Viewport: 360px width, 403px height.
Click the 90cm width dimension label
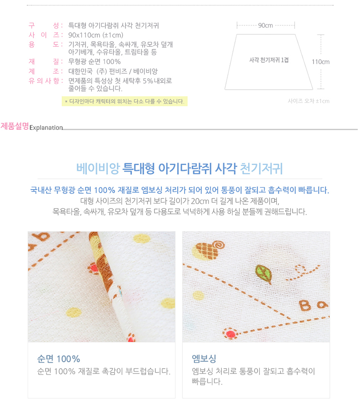(x=265, y=26)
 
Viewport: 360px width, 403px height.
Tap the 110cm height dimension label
(x=321, y=62)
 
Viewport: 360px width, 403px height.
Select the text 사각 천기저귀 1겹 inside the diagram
(x=269, y=60)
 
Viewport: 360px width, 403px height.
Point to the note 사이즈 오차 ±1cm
(x=309, y=101)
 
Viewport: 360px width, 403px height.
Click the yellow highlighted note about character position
(x=125, y=101)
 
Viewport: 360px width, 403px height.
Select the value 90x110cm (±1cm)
(x=96, y=35)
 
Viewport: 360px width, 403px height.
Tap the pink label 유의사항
(x=44, y=81)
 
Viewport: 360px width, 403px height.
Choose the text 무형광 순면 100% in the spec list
(x=95, y=62)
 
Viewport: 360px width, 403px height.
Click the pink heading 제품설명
(x=15, y=126)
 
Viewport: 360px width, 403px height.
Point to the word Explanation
(x=46, y=128)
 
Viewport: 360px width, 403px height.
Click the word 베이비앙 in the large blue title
(x=98, y=168)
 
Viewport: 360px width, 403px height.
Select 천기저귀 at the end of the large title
(x=261, y=168)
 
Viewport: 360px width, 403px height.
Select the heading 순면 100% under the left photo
(x=59, y=359)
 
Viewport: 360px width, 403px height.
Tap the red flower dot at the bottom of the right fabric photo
(x=230, y=334)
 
